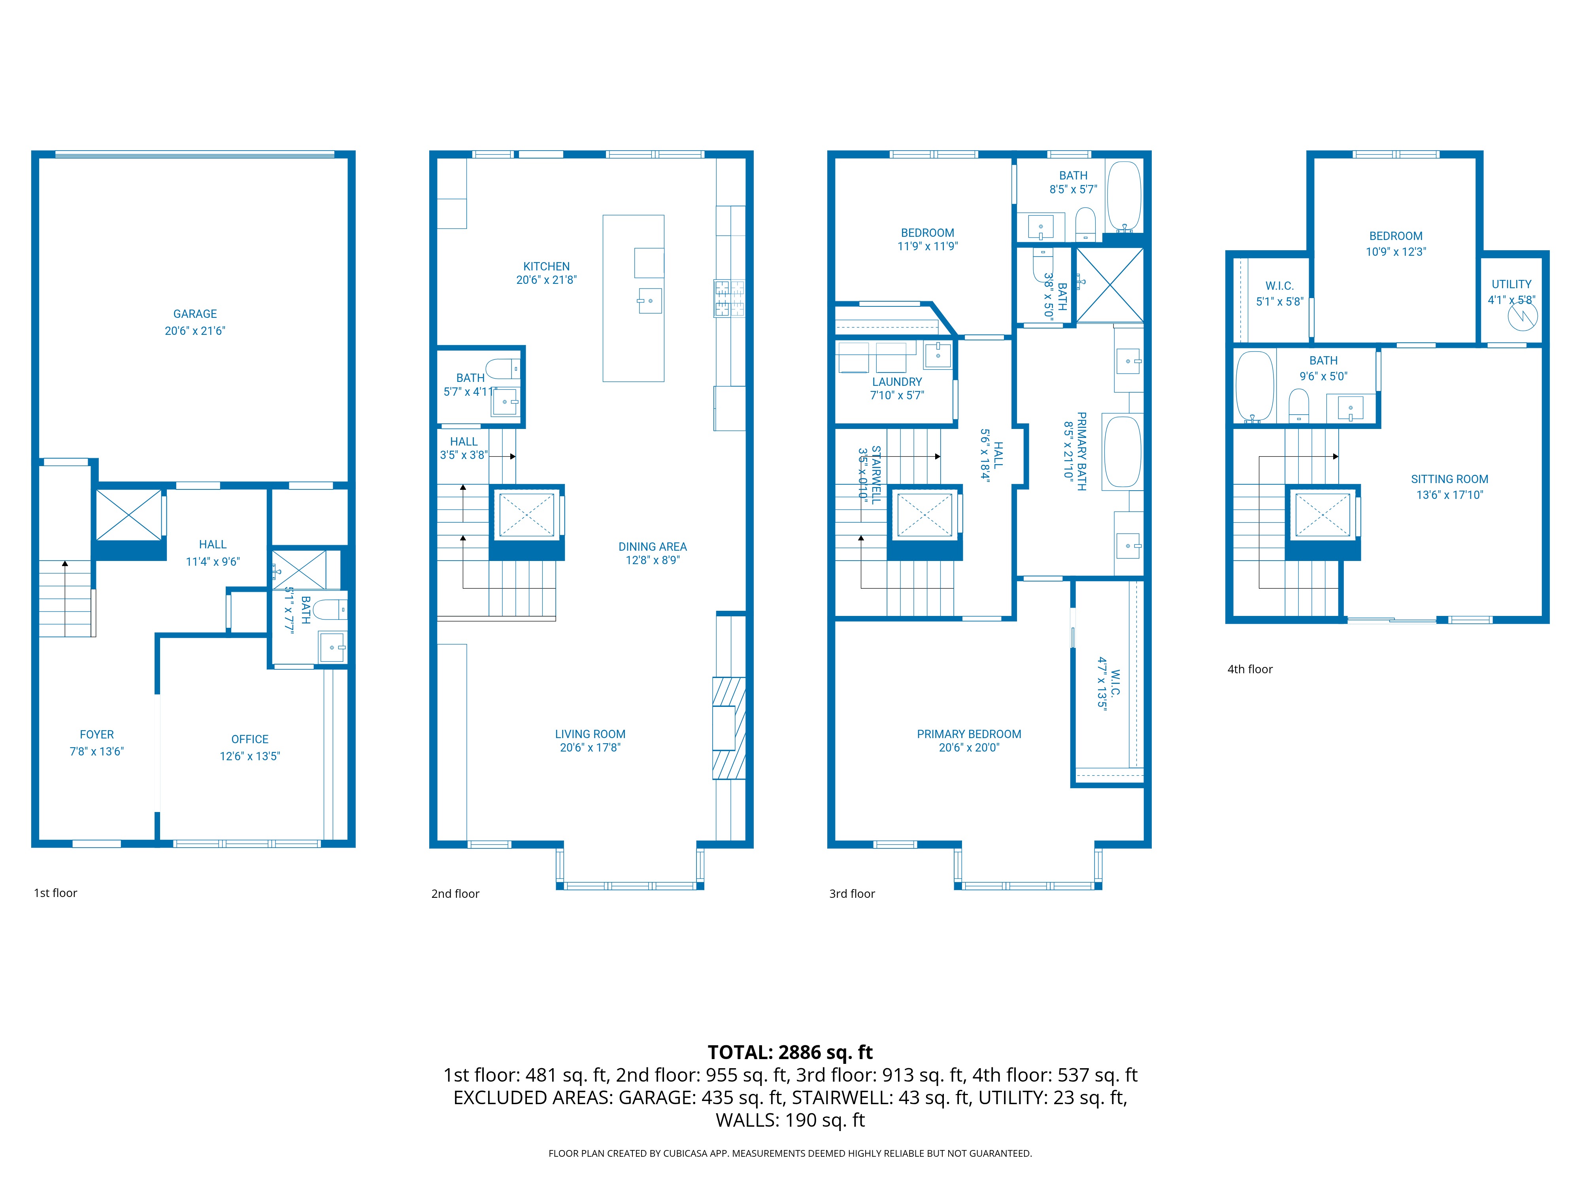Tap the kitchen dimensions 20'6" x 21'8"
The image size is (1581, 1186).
[546, 280]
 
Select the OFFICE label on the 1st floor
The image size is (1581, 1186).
[249, 739]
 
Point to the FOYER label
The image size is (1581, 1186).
[96, 734]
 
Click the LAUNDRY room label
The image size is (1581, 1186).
[896, 382]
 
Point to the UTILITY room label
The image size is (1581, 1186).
[1511, 284]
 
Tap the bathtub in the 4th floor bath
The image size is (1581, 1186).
[1255, 386]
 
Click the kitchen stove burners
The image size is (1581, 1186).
[729, 298]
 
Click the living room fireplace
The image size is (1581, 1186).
[728, 728]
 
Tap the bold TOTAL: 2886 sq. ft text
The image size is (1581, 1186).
[790, 1052]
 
